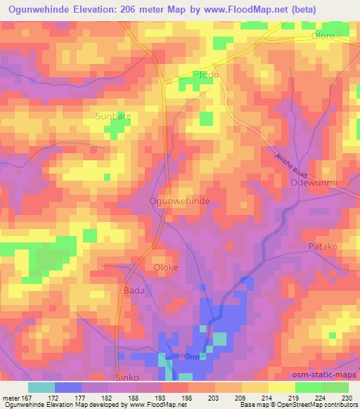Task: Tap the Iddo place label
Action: pyautogui.click(x=209, y=74)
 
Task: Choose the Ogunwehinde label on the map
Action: pyautogui.click(x=179, y=201)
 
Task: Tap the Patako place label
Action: pyautogui.click(x=323, y=247)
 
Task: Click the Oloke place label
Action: pyautogui.click(x=167, y=268)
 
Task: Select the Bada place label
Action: pyautogui.click(x=134, y=290)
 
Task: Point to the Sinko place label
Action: pyautogui.click(x=128, y=377)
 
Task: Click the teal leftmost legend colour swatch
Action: pyautogui.click(x=41, y=387)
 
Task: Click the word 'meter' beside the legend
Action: pyautogui.click(x=12, y=397)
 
